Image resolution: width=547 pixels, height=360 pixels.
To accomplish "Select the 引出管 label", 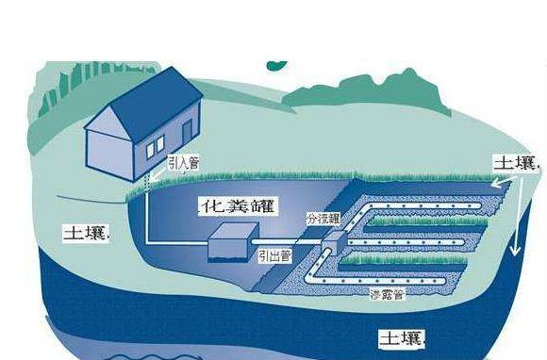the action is pos(273,254).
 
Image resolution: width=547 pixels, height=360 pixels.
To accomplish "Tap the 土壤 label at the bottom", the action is pos(400,336).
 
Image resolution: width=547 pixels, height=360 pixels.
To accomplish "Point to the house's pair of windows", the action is pos(155,144).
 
